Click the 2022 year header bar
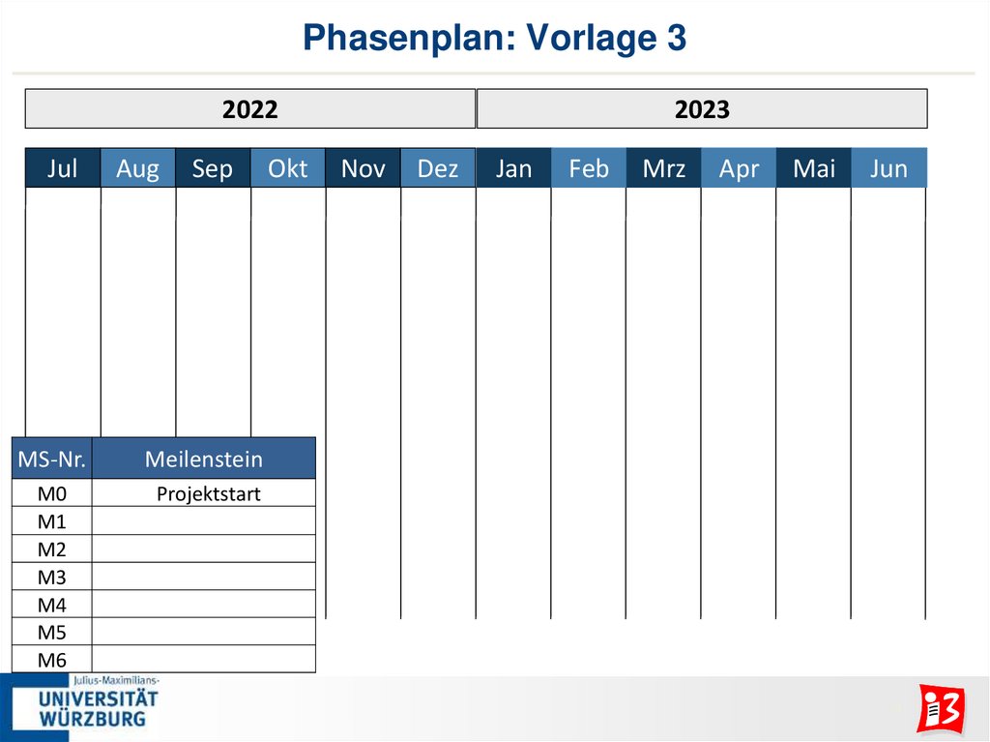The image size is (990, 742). [249, 109]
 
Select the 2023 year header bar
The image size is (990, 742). [702, 109]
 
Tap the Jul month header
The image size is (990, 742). [63, 168]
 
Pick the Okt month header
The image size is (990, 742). [288, 168]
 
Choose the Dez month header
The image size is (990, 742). [438, 168]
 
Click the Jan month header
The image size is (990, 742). [513, 168]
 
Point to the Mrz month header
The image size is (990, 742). [663, 168]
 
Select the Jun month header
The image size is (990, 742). [888, 168]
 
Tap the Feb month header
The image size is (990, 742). [589, 168]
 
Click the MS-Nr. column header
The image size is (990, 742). [52, 459]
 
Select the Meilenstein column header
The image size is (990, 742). [204, 459]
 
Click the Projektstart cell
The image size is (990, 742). [209, 494]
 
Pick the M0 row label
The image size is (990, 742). [52, 494]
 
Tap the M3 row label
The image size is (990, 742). [52, 578]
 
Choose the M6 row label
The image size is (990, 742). [52, 661]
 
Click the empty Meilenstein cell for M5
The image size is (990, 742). [204, 633]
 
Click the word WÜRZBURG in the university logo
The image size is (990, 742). [93, 719]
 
